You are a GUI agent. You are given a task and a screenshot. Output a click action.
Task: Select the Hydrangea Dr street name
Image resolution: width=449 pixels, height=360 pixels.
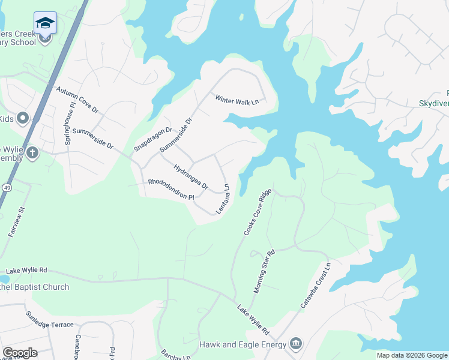[x=190, y=177]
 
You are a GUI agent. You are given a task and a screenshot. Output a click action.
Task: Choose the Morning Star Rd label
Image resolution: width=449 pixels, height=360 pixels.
[x=264, y=271]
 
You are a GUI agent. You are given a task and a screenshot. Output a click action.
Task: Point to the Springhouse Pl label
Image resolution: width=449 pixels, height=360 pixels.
[x=70, y=123]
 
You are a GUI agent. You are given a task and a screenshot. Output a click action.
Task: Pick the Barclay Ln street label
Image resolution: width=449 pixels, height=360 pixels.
[x=176, y=356]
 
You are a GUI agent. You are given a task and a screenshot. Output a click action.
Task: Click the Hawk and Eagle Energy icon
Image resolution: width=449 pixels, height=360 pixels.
[x=295, y=344]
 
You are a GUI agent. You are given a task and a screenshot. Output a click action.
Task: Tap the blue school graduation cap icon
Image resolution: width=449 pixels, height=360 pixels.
[x=45, y=23]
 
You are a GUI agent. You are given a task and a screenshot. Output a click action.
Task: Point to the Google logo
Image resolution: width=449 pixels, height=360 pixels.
[x=20, y=353]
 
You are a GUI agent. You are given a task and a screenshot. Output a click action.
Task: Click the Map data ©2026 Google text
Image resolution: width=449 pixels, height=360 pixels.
[x=412, y=355]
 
